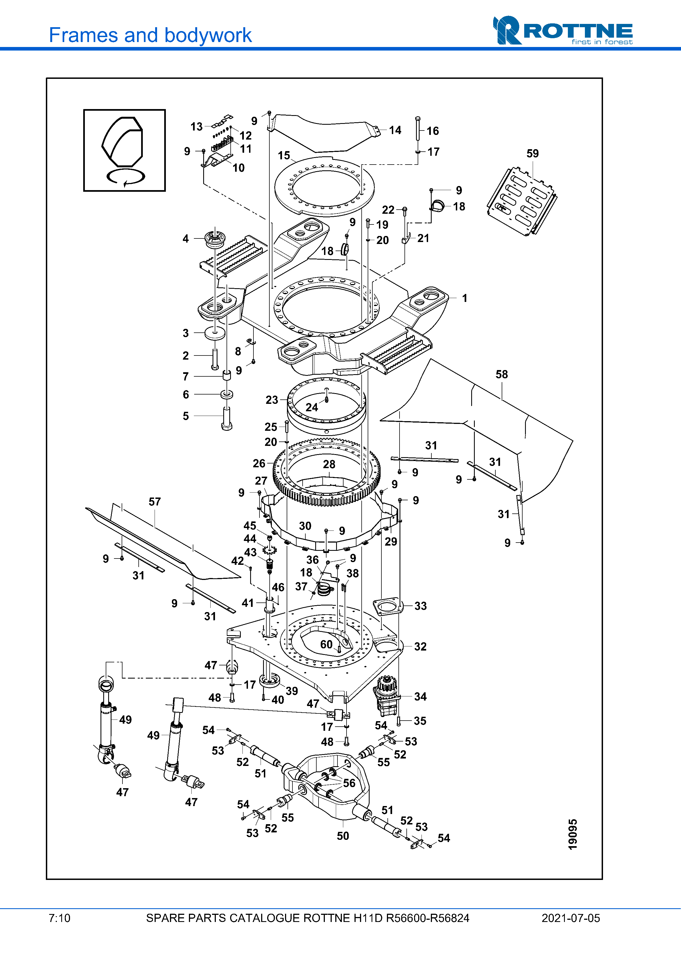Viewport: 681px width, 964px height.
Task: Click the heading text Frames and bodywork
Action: [150, 35]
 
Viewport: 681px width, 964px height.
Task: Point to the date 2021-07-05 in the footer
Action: [570, 918]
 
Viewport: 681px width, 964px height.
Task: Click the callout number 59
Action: [532, 154]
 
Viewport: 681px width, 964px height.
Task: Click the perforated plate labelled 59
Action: [521, 201]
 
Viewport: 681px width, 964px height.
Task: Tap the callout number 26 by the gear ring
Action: [259, 463]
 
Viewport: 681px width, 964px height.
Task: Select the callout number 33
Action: [420, 606]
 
